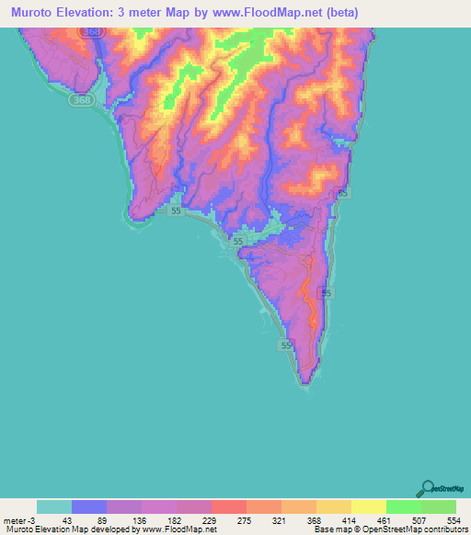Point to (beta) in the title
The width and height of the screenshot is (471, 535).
click(339, 13)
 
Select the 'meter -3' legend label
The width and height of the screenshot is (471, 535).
click(17, 520)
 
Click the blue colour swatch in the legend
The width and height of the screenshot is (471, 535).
click(89, 507)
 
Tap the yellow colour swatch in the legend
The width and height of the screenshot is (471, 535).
click(369, 507)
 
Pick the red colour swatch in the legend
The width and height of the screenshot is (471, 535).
click(229, 507)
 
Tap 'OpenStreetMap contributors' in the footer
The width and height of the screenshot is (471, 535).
click(419, 529)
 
